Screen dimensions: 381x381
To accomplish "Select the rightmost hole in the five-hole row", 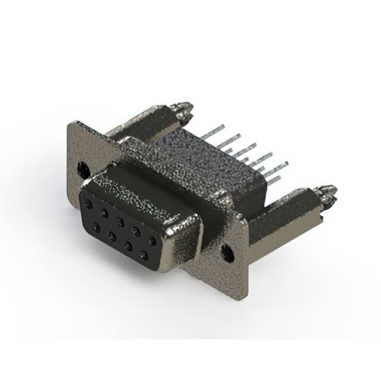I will pos(152,241).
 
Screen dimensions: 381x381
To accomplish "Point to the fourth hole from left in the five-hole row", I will pos(136,232).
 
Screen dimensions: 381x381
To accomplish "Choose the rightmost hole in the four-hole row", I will pos(143,255).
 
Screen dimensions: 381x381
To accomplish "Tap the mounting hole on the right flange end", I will pos(227,252).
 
